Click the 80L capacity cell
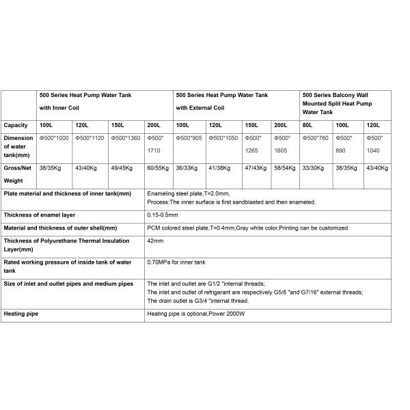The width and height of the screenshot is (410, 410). click(307, 126)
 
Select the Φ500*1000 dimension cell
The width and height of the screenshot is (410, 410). click(54, 138)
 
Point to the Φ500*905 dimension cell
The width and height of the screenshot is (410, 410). click(189, 138)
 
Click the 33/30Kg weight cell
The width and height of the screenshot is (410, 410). click(314, 167)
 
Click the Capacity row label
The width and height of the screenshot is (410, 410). click(16, 126)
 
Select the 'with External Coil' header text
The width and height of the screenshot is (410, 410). click(201, 108)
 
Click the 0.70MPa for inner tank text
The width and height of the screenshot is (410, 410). click(176, 262)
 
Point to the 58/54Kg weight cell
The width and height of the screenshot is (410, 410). click(284, 167)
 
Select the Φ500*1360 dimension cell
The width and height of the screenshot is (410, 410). click(125, 138)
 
